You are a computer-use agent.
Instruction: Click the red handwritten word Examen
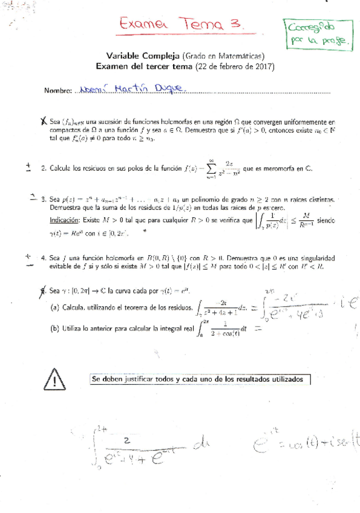click(143, 26)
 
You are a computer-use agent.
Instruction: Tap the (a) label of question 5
click(54, 307)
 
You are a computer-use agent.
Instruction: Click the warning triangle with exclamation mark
click(55, 380)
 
